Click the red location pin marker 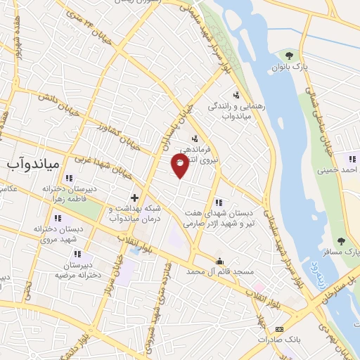pos(180,165)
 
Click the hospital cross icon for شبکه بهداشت pos(134,198)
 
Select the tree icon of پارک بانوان pos(289,55)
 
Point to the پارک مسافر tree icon pos(342,241)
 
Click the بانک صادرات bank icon pos(280,329)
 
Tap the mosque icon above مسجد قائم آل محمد pos(219,262)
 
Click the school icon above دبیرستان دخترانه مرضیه pos(77,254)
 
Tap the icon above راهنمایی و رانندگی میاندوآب pos(236,96)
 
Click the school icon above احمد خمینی pos(352,160)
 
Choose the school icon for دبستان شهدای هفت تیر pos(219,202)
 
